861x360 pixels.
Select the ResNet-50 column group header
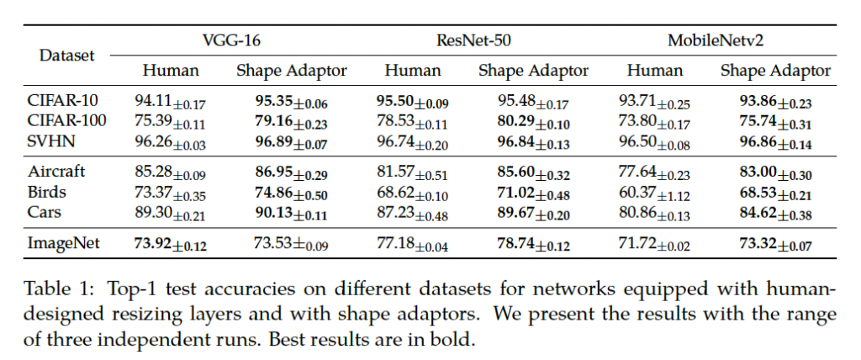pos(473,40)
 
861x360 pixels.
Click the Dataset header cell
pos(67,56)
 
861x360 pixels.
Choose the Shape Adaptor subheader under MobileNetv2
pos(776,71)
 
